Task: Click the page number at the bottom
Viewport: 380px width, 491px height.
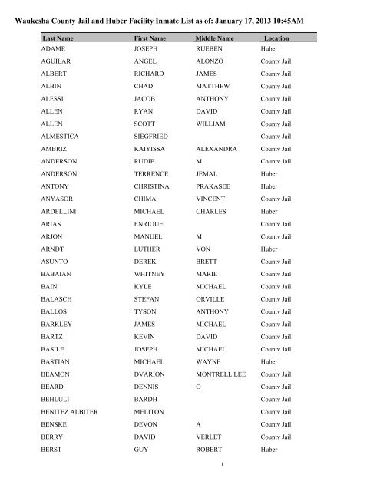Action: pos(190,485)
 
